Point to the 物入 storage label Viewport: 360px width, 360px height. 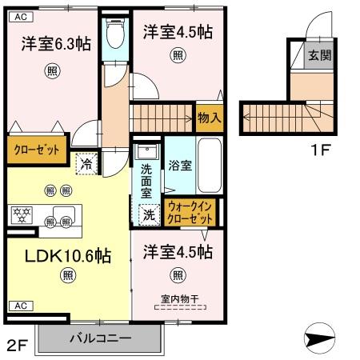pos(210,117)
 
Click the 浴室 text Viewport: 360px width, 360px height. pos(180,166)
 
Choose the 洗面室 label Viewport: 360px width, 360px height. pos(147,181)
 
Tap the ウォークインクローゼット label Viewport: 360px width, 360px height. pos(190,212)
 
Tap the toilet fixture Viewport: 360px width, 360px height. pos(115,34)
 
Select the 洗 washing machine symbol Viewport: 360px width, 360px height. pos(148,214)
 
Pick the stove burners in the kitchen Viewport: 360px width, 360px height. pos(21,214)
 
